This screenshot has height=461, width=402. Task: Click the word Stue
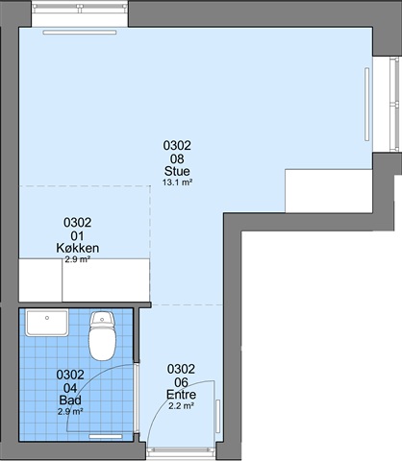coord(177,171)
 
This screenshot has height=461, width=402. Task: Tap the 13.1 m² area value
coord(177,182)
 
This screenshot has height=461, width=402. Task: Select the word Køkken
coord(78,248)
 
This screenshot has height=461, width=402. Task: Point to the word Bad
coord(70,400)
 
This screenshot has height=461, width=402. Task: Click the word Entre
coord(181,395)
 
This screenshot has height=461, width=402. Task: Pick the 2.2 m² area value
coord(181,406)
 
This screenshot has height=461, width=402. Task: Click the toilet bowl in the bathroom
coord(102,344)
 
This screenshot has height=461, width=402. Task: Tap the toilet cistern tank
coord(102,320)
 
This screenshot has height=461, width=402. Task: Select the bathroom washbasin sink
coord(47,323)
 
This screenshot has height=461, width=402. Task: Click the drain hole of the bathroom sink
coord(47,318)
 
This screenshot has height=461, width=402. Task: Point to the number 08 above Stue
coord(177,158)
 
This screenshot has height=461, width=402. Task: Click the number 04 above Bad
coord(70,388)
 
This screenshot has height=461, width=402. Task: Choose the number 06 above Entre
coord(181,382)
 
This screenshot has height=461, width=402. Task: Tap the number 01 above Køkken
coord(77,236)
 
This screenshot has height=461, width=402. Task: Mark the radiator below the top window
coord(80,33)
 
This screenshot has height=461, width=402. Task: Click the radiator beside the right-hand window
coord(367,104)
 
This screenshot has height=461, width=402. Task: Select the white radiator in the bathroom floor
coord(106,436)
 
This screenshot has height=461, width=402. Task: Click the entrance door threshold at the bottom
coord(181,450)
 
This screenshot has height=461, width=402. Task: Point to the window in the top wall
coord(80,9)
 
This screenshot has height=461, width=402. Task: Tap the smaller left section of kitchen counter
coord(40,280)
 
